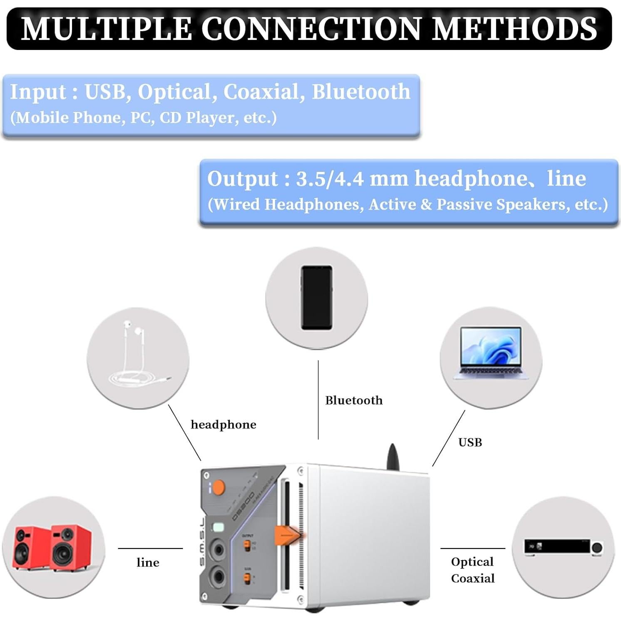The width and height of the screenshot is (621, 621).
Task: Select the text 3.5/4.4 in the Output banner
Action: tap(330, 179)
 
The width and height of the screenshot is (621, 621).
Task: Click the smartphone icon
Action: tap(317, 298)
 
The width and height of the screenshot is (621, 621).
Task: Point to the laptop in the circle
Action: tap(491, 353)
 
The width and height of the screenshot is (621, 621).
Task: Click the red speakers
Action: tap(52, 548)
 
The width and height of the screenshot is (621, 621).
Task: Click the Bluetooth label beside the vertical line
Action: tap(354, 400)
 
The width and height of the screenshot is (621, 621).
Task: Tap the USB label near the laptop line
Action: tap(470, 442)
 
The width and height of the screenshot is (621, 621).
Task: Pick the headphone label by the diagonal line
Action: tap(223, 425)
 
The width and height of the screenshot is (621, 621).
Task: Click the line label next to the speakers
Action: tap(148, 563)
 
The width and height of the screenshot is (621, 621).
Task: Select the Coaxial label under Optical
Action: tap(473, 579)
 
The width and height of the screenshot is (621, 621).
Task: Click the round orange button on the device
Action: tap(218, 487)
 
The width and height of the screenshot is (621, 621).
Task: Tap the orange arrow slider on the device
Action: tap(287, 535)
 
